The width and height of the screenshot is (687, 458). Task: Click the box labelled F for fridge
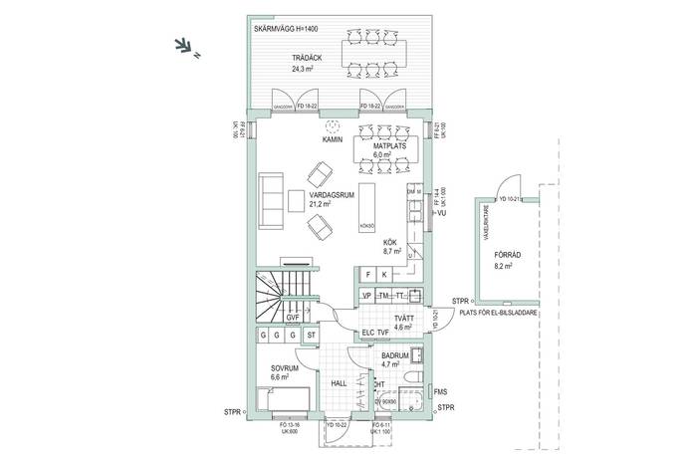tap(367, 275)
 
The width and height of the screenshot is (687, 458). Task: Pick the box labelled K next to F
tap(384, 275)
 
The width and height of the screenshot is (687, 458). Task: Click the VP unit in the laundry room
tap(366, 297)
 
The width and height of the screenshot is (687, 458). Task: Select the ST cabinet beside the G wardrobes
tap(312, 336)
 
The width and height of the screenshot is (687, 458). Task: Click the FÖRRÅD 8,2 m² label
tap(508, 260)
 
